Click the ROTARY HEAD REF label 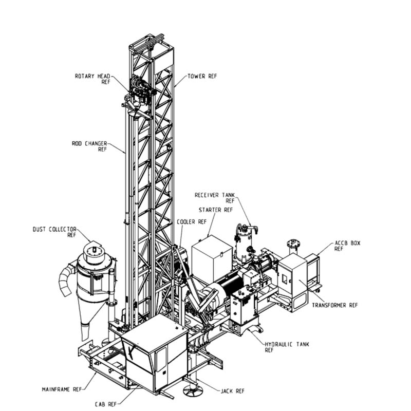[92, 79]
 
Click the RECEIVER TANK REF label [214, 198]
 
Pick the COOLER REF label [191, 221]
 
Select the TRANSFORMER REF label [334, 305]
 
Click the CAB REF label [106, 404]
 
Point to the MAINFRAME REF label [62, 389]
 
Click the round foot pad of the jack [194, 390]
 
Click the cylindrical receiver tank [245, 245]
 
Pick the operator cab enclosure [154, 354]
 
